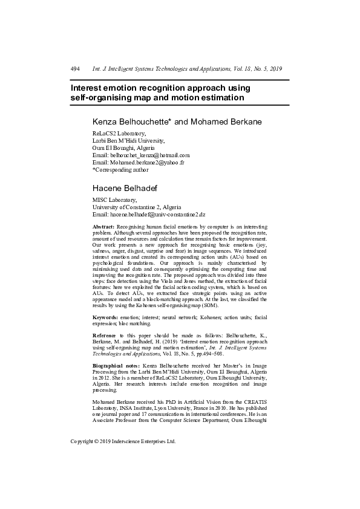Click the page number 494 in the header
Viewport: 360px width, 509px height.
75,69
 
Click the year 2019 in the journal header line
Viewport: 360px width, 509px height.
275,69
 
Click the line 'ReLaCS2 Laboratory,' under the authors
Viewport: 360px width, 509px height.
119,133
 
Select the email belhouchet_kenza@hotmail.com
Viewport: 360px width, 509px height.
150,155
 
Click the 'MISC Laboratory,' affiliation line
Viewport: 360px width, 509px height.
114,199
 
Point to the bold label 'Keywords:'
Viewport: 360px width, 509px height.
105,317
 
